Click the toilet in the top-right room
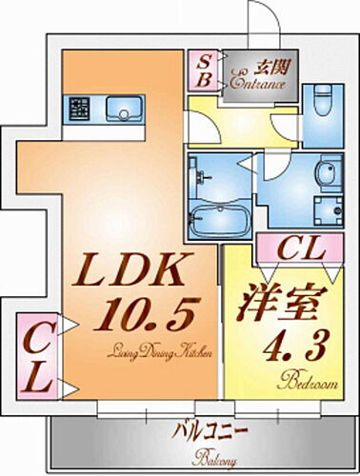(321, 100)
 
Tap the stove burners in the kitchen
(78, 109)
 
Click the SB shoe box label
(205, 71)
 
